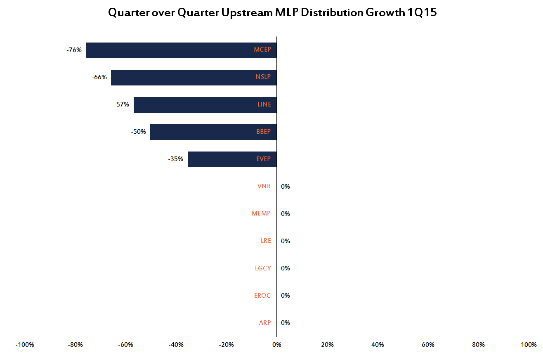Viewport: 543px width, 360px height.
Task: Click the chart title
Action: tap(272, 12)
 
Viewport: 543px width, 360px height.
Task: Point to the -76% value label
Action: tap(74, 50)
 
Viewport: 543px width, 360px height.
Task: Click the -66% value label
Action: tap(99, 77)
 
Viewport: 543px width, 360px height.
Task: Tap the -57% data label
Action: tap(121, 104)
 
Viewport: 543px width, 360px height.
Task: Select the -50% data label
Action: tap(138, 132)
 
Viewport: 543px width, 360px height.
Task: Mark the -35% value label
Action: tap(175, 159)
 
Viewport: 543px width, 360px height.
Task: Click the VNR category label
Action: tap(264, 186)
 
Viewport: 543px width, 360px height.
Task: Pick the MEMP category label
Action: tap(261, 213)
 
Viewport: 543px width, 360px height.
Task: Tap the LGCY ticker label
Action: tap(263, 268)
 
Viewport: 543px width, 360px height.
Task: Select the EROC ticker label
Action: tap(262, 295)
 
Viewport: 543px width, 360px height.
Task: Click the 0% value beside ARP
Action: tap(286, 322)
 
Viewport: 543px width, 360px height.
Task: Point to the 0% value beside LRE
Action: tap(286, 241)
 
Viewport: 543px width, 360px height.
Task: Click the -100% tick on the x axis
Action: tap(25, 345)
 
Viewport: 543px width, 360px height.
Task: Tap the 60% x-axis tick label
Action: tap(428, 345)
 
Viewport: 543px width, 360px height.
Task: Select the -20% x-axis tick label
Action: tap(226, 345)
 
